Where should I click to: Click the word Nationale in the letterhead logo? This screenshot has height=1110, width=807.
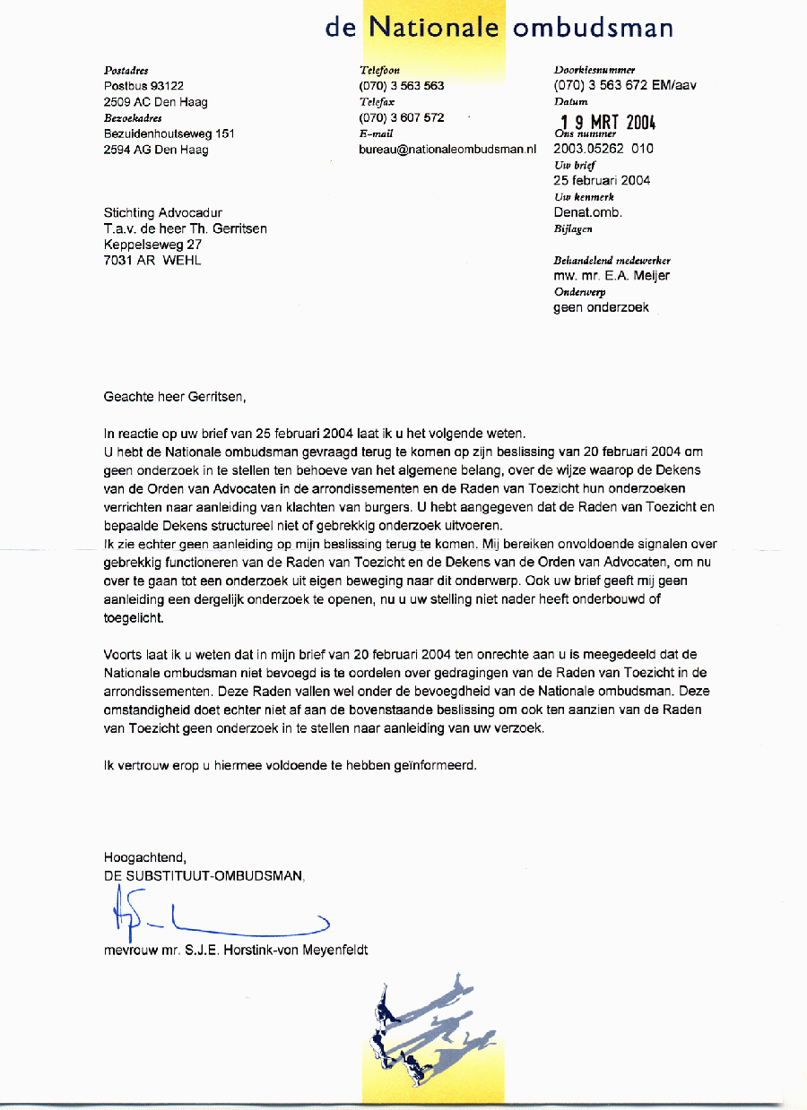[434, 28]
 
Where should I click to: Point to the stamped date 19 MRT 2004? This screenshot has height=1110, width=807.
[608, 123]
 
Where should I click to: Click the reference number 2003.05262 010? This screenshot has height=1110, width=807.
[603, 149]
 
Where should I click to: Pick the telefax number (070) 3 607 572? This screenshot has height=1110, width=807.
[401, 117]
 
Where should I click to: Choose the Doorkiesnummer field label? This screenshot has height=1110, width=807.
[594, 70]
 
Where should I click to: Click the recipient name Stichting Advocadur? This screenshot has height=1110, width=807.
[163, 213]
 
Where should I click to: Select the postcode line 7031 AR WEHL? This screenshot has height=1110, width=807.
[152, 260]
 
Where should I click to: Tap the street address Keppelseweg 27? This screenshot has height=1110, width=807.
[153, 245]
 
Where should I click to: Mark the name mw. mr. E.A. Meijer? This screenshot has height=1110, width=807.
[612, 276]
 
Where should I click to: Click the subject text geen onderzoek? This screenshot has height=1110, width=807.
[601, 308]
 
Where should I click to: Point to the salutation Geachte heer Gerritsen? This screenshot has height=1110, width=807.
[174, 395]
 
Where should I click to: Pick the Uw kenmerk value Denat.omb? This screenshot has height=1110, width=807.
[587, 212]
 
